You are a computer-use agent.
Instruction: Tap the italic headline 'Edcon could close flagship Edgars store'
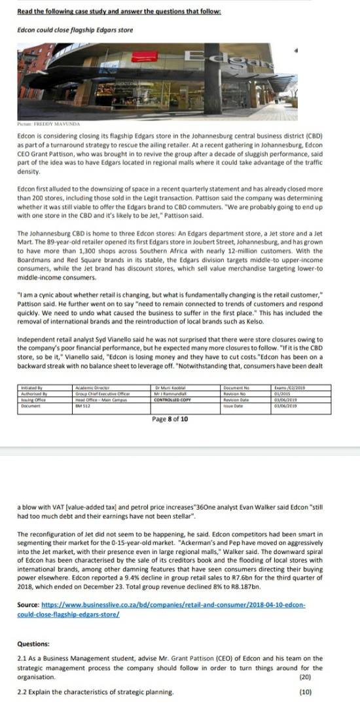coord(73,30)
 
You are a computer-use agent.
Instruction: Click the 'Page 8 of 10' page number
coord(170,419)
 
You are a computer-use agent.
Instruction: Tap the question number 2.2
coord(23,691)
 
